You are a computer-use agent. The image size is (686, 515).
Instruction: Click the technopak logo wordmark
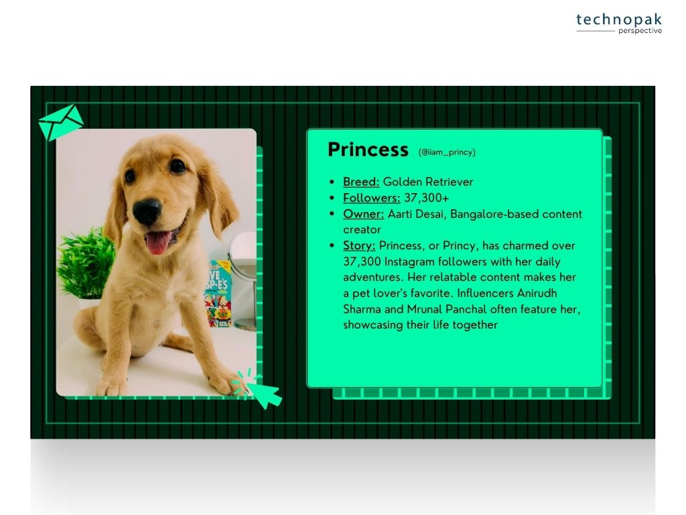click(618, 19)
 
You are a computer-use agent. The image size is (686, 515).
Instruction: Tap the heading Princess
click(368, 150)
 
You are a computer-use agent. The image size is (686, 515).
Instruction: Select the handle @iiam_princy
click(447, 152)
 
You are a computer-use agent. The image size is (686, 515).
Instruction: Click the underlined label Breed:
click(361, 182)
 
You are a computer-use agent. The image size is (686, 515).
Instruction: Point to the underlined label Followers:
click(371, 198)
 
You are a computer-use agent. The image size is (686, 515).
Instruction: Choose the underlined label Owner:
click(364, 214)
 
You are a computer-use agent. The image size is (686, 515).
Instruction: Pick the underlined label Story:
click(359, 245)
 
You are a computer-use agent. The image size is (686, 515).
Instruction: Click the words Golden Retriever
click(428, 182)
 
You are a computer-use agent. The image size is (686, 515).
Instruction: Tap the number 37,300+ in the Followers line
click(427, 198)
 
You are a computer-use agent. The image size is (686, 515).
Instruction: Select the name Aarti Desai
click(417, 214)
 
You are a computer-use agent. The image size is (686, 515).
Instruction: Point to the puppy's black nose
click(147, 211)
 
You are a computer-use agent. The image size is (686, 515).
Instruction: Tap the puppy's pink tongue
click(158, 243)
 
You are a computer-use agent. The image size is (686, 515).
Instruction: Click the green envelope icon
click(61, 122)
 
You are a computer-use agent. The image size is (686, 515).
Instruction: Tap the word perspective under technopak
click(640, 31)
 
